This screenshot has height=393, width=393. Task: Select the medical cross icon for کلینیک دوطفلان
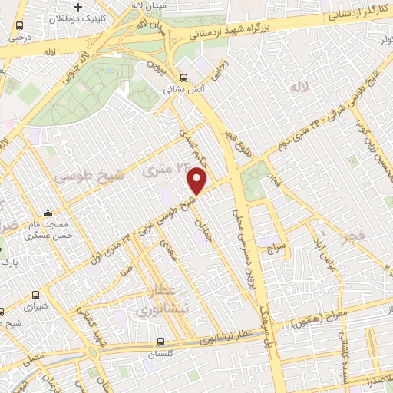99,7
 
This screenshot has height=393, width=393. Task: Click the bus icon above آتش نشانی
183,77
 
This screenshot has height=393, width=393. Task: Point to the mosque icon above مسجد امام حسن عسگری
48,213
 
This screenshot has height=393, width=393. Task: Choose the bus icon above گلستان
160,342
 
